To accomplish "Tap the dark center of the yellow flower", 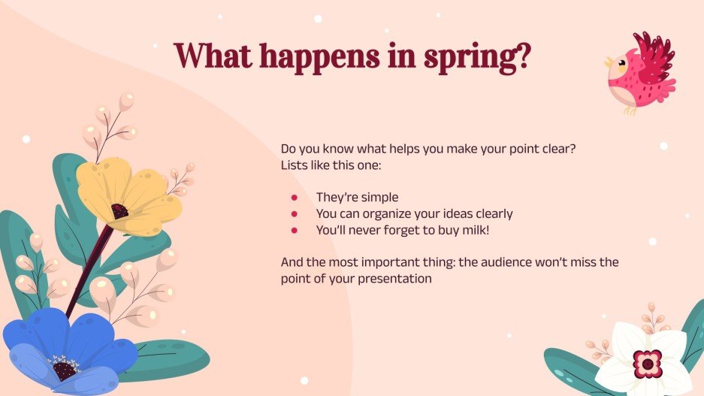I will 119,210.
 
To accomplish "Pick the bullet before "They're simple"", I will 295,198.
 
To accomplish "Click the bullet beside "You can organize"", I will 295,214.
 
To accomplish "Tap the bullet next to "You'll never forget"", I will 295,230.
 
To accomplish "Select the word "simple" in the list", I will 379,198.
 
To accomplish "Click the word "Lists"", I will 294,165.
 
